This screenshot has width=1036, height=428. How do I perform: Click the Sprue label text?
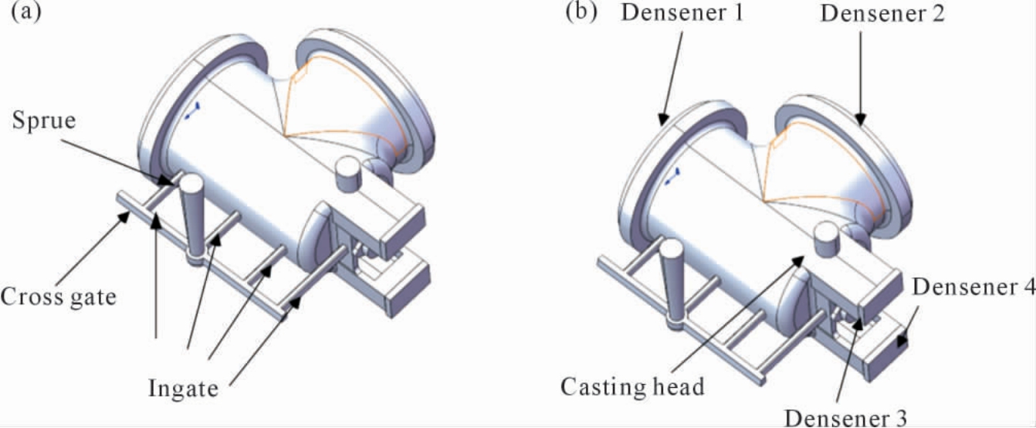pos(44,121)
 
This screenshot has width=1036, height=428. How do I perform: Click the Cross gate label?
pos(58,297)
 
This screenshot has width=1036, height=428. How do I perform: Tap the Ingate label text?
pos(183,388)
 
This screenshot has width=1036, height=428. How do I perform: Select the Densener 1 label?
pos(682,12)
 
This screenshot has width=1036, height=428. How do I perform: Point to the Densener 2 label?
pos(882,13)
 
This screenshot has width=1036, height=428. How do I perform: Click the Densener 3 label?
pos(845,418)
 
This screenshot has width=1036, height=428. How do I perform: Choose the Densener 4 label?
pos(973,287)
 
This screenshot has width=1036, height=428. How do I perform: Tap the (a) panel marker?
pos(26,12)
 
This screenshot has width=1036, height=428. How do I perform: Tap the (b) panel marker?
pos(581,12)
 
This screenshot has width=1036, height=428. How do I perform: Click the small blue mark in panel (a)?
pos(192,111)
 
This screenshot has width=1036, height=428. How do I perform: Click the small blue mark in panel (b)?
pos(672,177)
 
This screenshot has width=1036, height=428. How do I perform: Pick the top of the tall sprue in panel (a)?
pos(191,184)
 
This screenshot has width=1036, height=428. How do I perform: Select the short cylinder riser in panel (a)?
pos(348,174)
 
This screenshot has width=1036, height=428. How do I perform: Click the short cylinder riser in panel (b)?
pos(827,239)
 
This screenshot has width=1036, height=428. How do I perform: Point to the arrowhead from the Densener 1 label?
pos(663,120)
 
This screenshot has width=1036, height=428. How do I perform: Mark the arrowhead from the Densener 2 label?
pos(860,120)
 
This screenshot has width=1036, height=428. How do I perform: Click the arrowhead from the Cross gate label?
pos(125,216)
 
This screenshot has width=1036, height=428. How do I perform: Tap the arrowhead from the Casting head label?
pos(797,260)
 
